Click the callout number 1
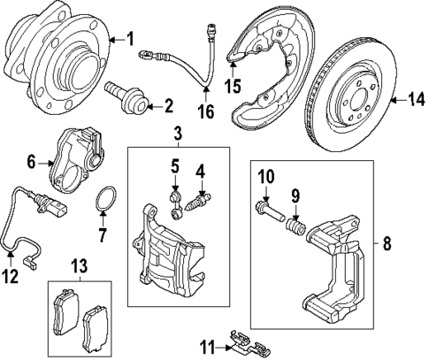pos(130,39)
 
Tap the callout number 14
pos(414,102)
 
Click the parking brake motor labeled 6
pos(75,159)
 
